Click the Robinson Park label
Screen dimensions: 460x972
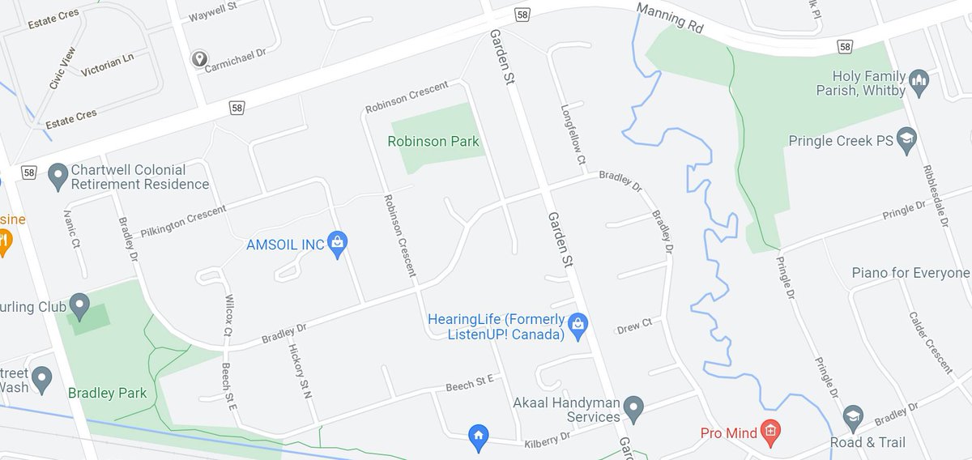(433, 142)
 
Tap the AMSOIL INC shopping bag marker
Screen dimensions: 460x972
(339, 242)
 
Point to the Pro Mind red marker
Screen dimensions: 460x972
(769, 432)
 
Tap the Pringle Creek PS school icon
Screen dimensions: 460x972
(906, 140)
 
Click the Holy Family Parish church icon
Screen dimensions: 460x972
(918, 81)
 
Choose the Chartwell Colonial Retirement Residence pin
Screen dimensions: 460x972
(58, 176)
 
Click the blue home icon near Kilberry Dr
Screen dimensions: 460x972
(479, 437)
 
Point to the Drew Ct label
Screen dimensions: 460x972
(634, 326)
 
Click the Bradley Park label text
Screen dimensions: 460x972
(108, 394)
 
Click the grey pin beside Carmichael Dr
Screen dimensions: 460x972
(199, 59)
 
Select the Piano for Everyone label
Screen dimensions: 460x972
(910, 273)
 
